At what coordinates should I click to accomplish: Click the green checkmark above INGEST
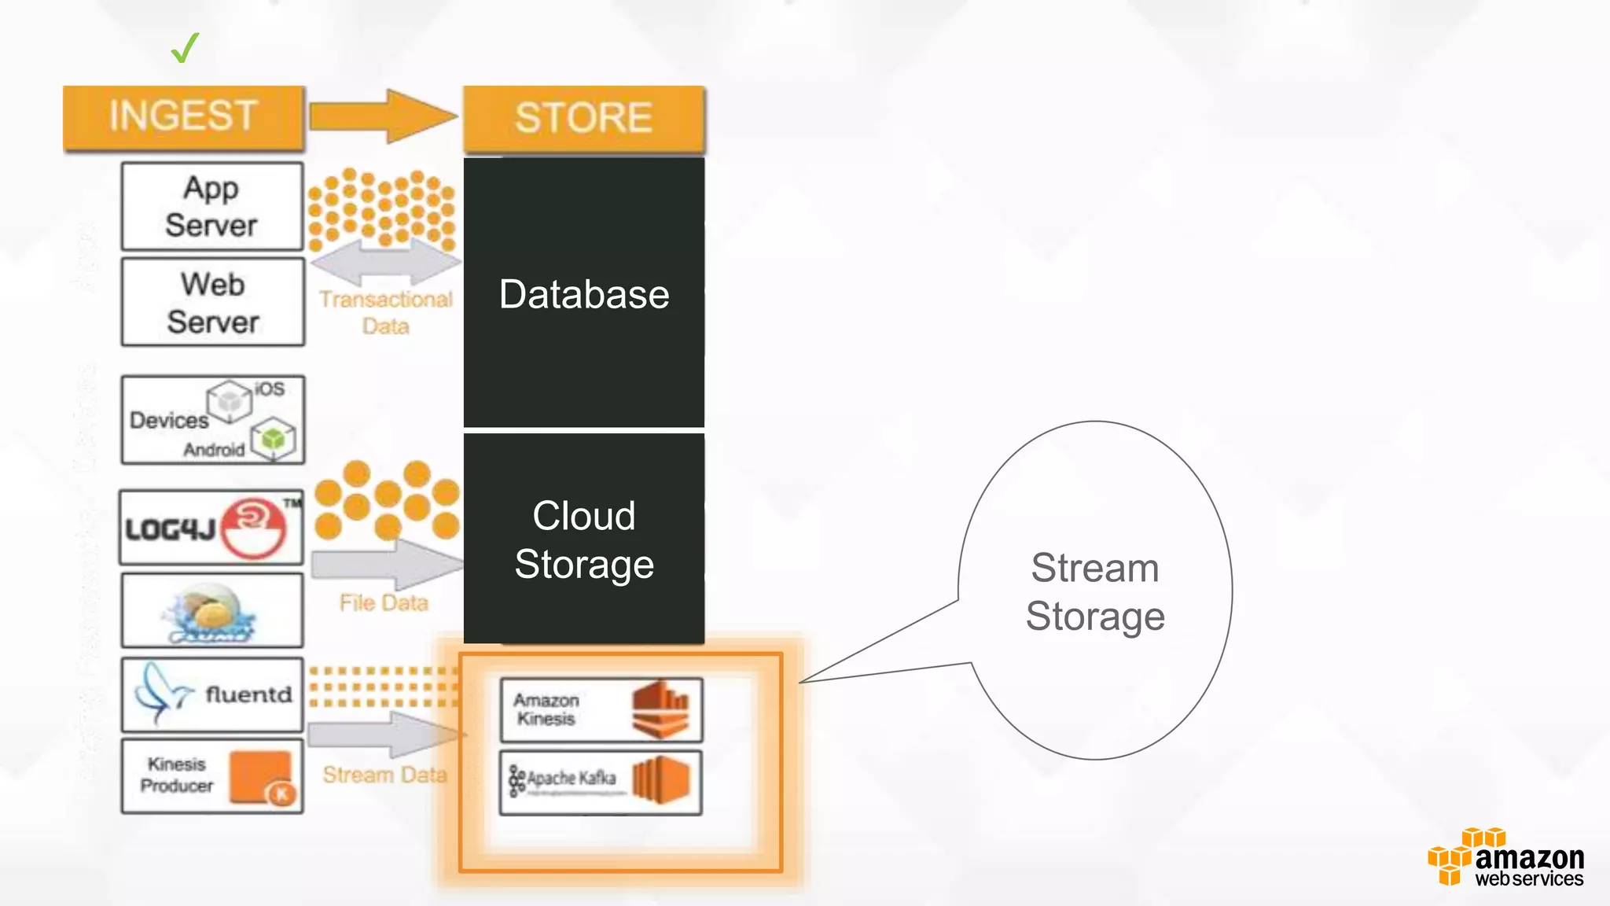point(185,48)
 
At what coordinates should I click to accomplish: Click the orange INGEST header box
point(183,116)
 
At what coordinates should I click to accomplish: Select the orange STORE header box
point(583,118)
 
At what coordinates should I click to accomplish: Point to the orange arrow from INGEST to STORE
point(383,116)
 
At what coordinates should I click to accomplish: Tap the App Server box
point(211,206)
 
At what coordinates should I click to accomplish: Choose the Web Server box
point(212,303)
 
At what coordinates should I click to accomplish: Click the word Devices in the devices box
point(168,420)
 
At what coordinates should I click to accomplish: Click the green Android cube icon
point(274,439)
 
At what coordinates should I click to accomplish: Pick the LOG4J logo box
point(211,528)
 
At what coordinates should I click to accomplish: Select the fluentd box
point(212,694)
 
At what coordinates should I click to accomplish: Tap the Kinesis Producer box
point(212,775)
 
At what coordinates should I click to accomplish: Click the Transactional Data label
point(385,312)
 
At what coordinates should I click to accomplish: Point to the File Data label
point(384,603)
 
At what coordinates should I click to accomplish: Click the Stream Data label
point(384,775)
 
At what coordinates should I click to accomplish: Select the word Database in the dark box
point(583,295)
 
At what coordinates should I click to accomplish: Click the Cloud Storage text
point(583,540)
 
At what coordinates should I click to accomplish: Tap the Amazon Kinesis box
point(601,710)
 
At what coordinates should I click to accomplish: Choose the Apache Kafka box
point(601,782)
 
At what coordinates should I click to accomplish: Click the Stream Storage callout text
point(1094,591)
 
